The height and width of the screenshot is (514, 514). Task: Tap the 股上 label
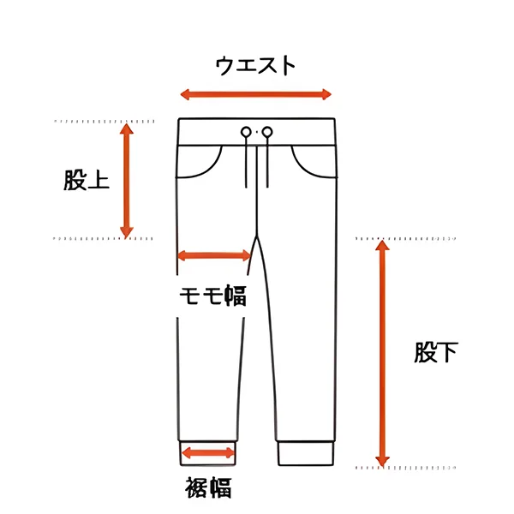[x=86, y=181]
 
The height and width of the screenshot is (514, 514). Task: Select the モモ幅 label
[x=212, y=296]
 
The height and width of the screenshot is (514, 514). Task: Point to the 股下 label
[x=436, y=352]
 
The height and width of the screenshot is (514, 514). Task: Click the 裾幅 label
[x=208, y=489]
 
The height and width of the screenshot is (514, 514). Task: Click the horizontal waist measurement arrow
[x=254, y=94]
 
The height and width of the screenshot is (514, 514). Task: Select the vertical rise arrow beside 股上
[x=126, y=181]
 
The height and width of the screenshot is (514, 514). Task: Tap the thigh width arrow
[x=214, y=255]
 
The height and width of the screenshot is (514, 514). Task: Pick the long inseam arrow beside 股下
[x=382, y=352]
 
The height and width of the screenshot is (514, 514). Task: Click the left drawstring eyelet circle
[x=246, y=132]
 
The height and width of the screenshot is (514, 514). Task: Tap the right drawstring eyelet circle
[x=267, y=132]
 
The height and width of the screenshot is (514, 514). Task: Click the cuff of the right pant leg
[x=304, y=453]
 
